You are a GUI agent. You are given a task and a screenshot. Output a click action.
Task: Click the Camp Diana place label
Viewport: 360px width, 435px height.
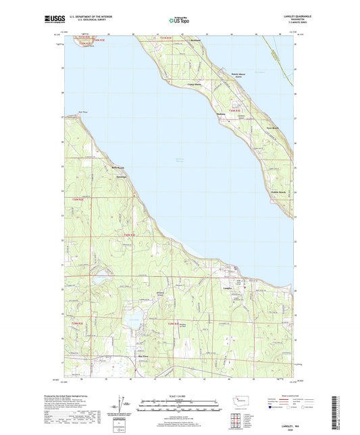point(195,84)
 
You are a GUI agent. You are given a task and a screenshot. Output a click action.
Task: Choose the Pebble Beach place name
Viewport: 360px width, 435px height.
point(279,192)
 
